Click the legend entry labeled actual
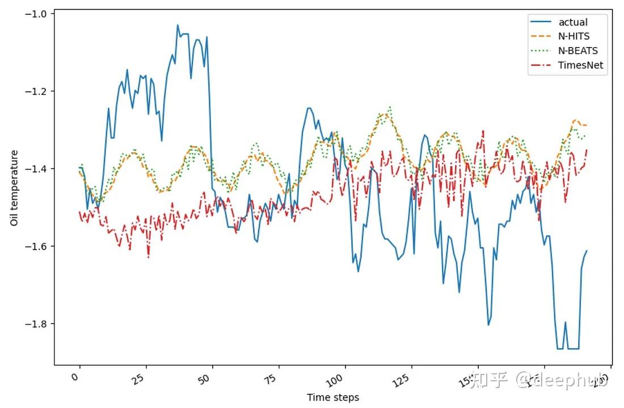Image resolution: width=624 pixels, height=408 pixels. click(573, 22)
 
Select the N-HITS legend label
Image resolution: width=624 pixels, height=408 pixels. click(574, 36)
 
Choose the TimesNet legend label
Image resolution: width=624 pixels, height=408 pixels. click(581, 65)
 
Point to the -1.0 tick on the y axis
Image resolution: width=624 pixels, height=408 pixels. click(37, 14)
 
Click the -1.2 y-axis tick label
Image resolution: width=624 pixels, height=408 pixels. click(37, 91)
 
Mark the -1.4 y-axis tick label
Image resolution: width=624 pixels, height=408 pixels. click(37, 169)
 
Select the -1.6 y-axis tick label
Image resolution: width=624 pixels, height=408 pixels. click(37, 246)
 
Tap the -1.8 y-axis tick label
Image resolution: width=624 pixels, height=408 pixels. click(37, 324)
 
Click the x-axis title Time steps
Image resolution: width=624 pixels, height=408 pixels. click(333, 398)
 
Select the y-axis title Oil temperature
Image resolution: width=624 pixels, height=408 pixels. click(14, 188)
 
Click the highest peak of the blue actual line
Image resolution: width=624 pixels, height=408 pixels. click(178, 25)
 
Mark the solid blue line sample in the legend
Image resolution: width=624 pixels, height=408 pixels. click(541, 22)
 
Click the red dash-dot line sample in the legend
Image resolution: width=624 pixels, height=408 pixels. click(541, 65)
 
